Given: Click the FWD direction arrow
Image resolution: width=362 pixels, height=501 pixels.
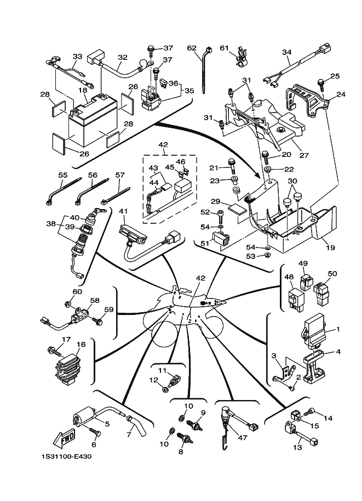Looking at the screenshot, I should pos(65,438).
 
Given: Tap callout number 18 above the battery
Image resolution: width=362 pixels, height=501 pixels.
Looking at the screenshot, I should pos(83,90).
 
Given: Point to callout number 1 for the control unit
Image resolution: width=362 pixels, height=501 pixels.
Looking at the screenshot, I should pos(338,329).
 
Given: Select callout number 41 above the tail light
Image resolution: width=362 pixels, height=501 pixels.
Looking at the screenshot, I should pos(123,212).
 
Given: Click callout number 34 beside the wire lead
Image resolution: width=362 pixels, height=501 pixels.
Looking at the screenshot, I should pos(286,53).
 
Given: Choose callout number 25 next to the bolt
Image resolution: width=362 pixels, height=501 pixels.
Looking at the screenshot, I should pos(335,76).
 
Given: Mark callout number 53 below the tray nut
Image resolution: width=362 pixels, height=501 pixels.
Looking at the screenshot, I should pos(250,256).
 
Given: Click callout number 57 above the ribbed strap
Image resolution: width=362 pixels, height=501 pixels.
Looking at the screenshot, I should pos(119,176).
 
